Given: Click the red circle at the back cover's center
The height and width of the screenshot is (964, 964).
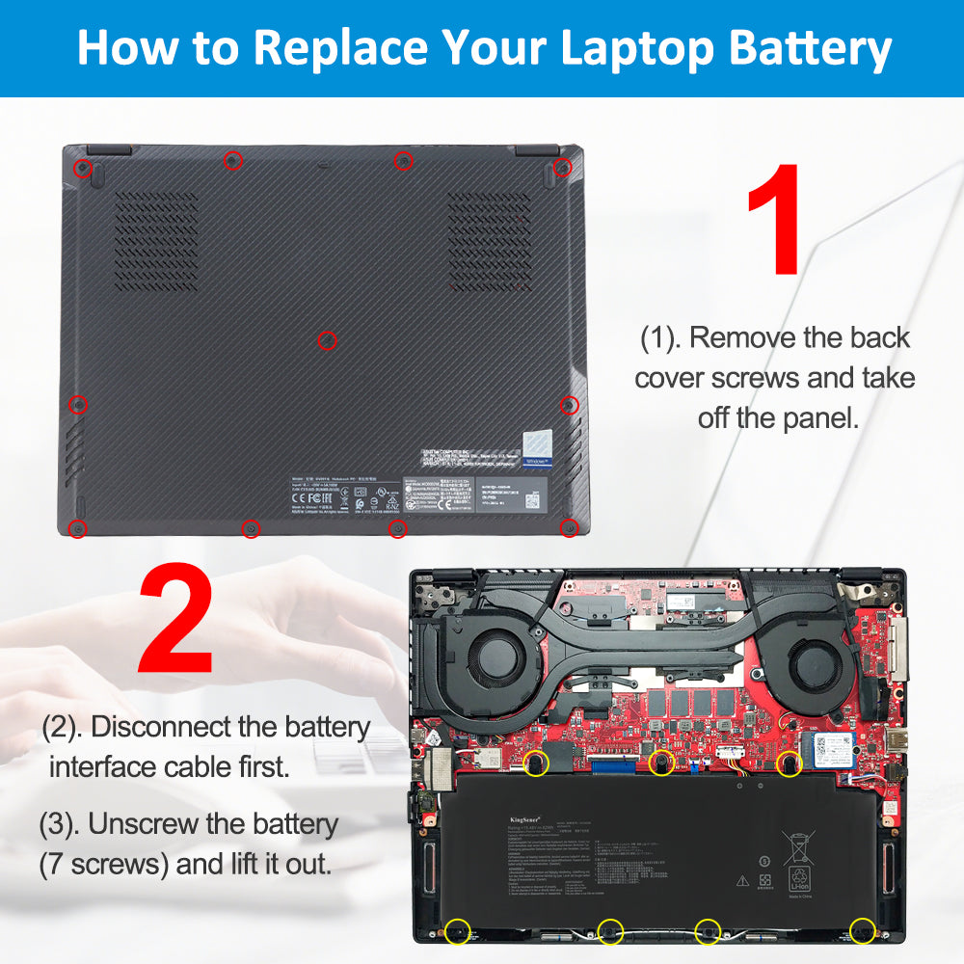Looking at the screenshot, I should [327, 339].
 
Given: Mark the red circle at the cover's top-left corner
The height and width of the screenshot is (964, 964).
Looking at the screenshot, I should [83, 169].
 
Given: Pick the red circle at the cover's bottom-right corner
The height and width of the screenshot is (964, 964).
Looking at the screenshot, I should [569, 526].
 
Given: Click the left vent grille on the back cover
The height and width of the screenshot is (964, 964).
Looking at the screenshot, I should [156, 240].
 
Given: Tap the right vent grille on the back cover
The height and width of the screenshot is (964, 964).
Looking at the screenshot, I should [489, 240].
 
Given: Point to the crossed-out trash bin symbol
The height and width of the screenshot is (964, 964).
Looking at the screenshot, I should [798, 847].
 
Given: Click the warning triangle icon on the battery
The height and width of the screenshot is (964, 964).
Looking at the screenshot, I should [743, 880].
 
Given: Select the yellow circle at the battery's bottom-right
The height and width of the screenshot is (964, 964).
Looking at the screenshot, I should [862, 930].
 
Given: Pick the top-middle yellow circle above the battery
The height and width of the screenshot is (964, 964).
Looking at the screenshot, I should [661, 763].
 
